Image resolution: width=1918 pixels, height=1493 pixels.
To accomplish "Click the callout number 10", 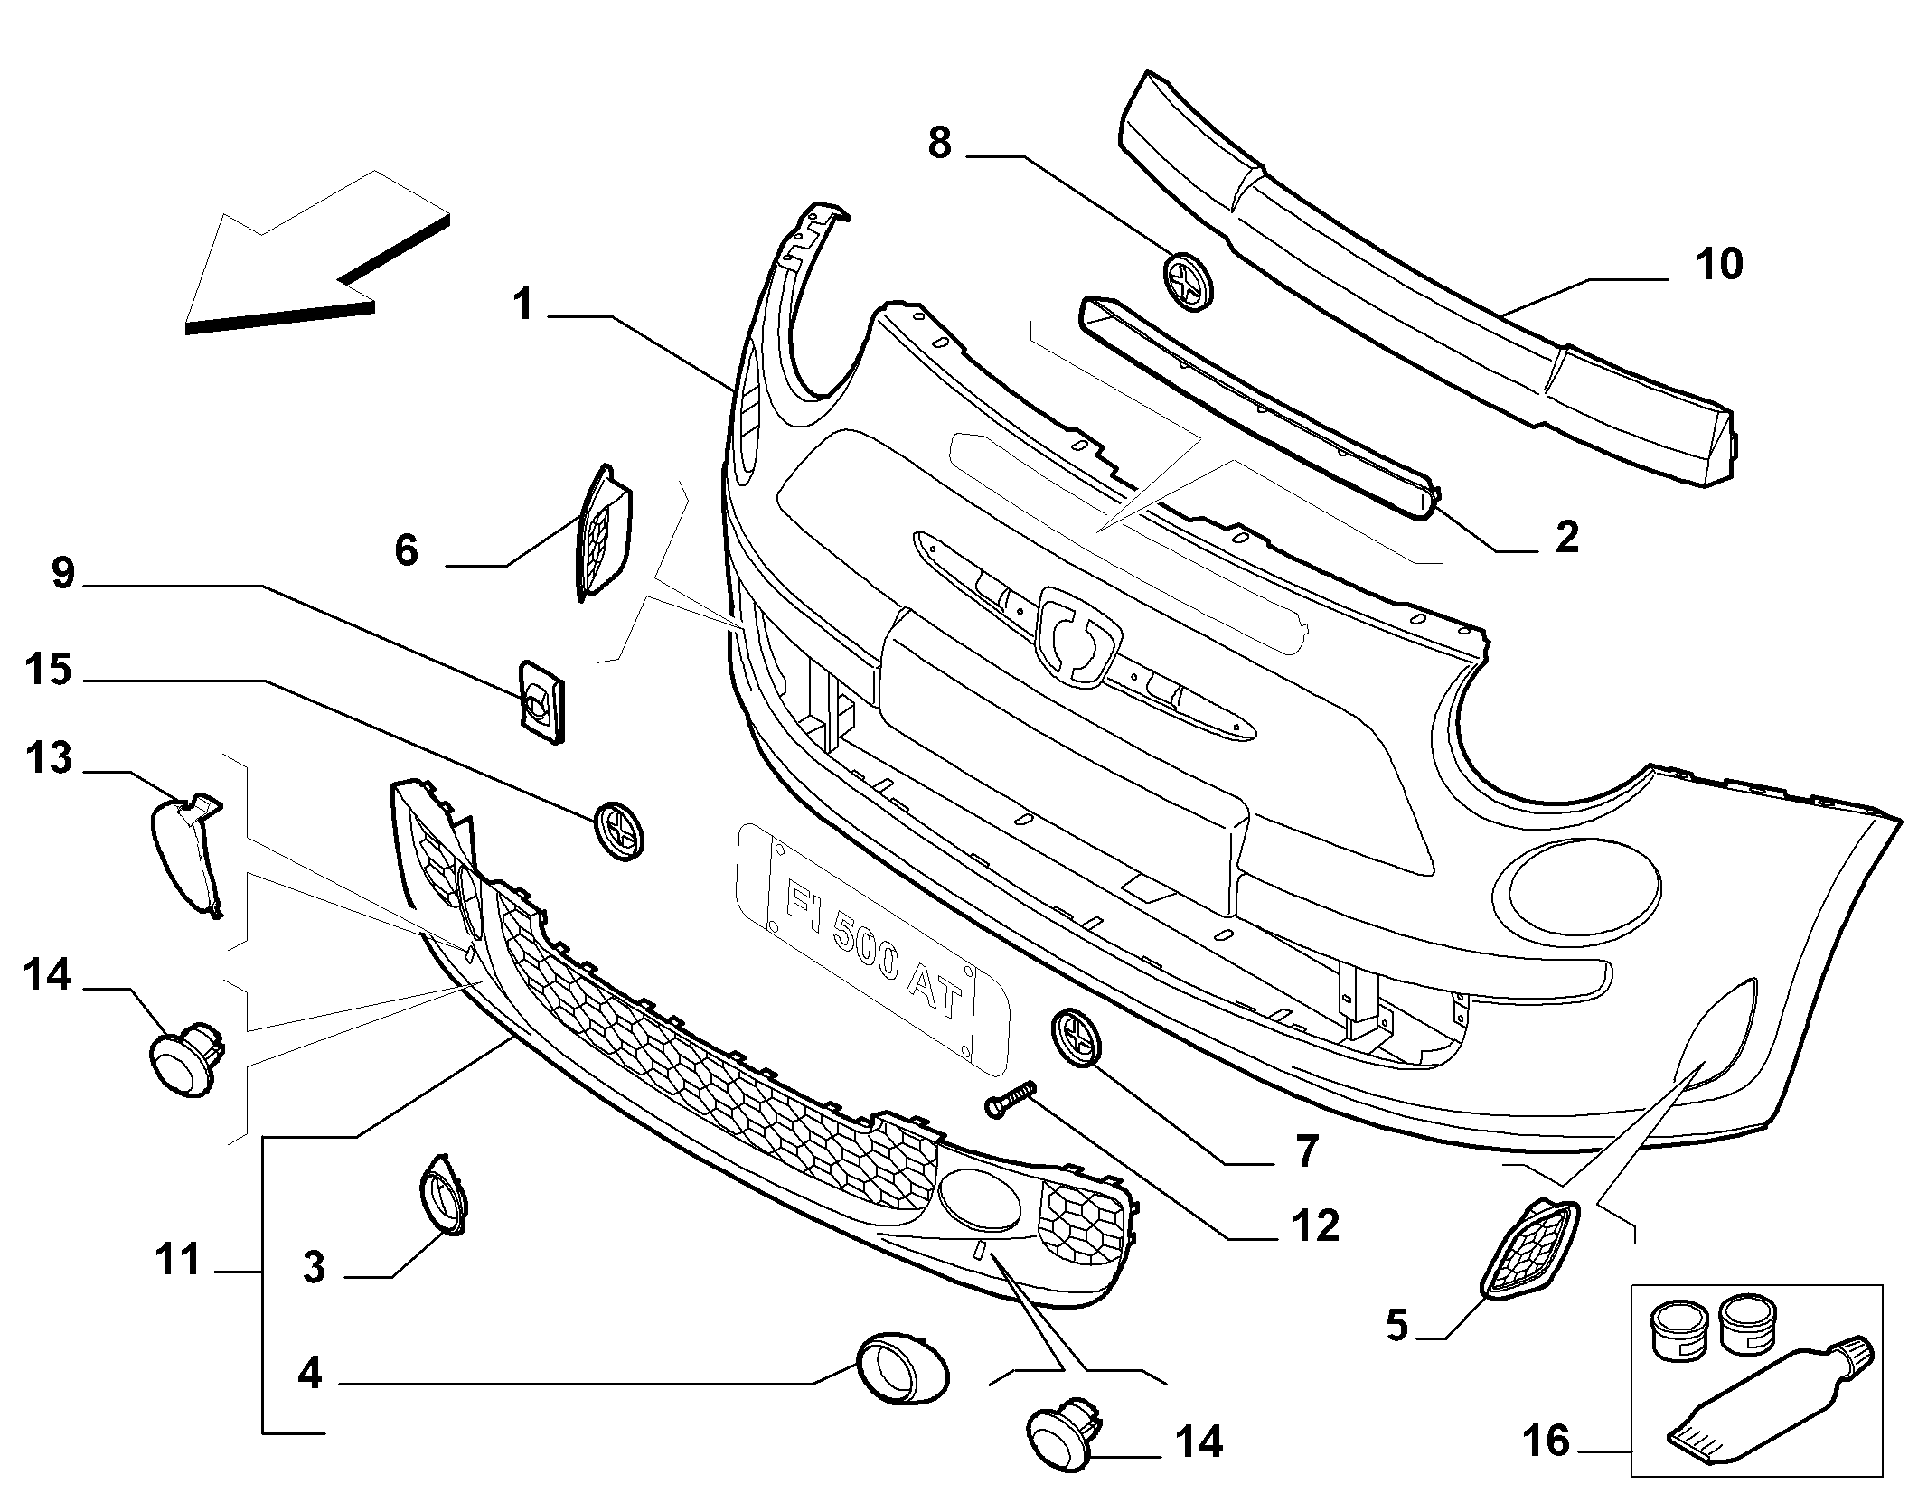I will click(1718, 266).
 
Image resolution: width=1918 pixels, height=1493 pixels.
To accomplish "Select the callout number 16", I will click(1547, 1441).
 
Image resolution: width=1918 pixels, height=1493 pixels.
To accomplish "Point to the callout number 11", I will click(177, 1260).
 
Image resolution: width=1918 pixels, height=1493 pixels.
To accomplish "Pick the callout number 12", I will click(1315, 1226).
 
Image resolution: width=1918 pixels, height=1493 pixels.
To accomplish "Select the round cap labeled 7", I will click(1077, 1038).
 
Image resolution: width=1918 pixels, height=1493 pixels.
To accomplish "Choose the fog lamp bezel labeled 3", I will click(443, 1194).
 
